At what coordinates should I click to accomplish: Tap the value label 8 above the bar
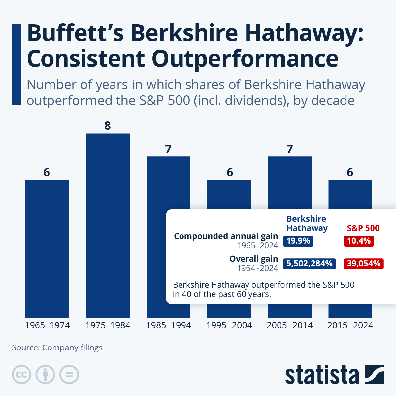pos(108,126)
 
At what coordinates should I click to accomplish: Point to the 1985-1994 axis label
pos(168,325)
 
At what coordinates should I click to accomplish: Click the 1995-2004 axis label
pos(229,325)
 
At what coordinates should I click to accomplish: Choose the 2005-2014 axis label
pos(289,325)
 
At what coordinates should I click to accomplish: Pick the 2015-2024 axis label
pos(350,325)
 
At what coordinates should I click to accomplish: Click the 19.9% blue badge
pos(298,241)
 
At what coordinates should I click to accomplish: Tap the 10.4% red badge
pos(359,241)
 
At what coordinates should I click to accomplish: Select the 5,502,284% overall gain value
pos(309,263)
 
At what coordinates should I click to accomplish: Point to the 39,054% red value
pos(363,263)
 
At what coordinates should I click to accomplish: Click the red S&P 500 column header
pos(363,228)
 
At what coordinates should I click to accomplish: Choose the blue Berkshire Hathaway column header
pos(307,223)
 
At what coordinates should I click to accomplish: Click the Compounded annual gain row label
pos(226,236)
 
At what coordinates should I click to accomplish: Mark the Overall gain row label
pos(253,259)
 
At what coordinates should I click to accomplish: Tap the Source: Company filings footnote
pos(57,348)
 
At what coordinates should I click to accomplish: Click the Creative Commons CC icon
pos(21,375)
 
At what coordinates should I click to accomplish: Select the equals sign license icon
pos(69,375)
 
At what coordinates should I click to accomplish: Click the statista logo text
pos(322,375)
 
